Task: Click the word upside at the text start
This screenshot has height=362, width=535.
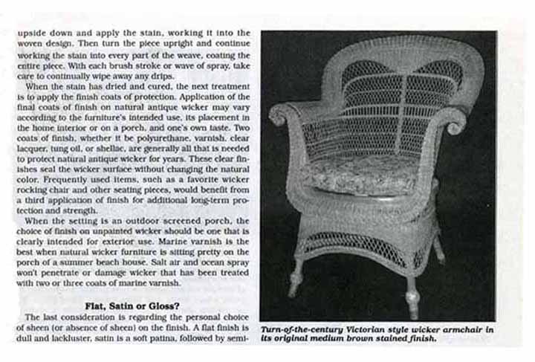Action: pyautogui.click(x=31, y=34)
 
